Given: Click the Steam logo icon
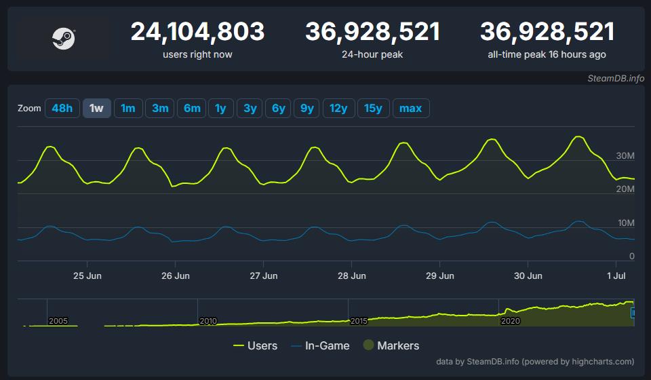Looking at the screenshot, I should click(62, 39).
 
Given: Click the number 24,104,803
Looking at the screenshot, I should click(197, 32).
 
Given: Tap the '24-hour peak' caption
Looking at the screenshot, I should click(372, 54).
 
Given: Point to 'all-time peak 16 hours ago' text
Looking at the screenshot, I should click(547, 54).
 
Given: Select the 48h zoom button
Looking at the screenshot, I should click(62, 109).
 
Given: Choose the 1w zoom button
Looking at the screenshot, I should click(96, 109).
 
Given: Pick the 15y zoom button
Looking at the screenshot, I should click(373, 109).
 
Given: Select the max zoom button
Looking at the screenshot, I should click(410, 109).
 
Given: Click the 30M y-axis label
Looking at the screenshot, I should click(625, 156).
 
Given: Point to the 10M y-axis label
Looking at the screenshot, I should click(625, 223).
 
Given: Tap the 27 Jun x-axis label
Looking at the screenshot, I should click(264, 276).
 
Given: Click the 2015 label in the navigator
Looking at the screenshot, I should click(359, 320).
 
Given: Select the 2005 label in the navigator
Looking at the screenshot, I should click(58, 320).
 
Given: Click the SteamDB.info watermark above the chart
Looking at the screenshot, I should click(616, 79).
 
